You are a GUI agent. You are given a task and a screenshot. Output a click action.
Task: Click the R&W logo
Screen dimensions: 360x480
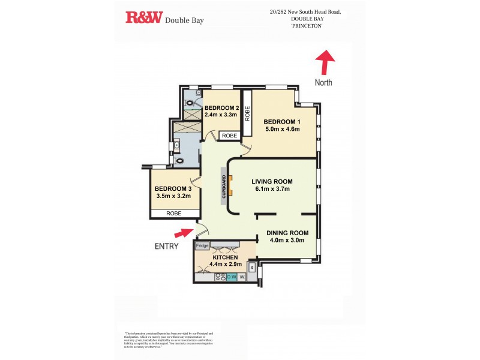(x=143, y=18)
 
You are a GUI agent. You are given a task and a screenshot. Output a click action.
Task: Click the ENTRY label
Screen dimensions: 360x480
(x=166, y=245)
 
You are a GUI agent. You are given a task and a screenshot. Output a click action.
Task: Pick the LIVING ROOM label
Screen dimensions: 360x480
(x=271, y=181)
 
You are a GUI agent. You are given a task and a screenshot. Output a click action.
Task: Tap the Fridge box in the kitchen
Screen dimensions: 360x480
(x=202, y=246)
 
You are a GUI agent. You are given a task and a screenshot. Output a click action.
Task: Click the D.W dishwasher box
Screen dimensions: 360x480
(x=232, y=277)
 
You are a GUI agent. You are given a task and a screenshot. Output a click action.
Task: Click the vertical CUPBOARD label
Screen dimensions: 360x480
(x=224, y=187)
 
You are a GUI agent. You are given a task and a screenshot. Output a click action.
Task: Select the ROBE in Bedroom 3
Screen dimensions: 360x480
(x=174, y=213)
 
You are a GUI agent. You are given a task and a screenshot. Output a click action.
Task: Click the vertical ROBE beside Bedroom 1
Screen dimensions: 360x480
(x=247, y=113)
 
